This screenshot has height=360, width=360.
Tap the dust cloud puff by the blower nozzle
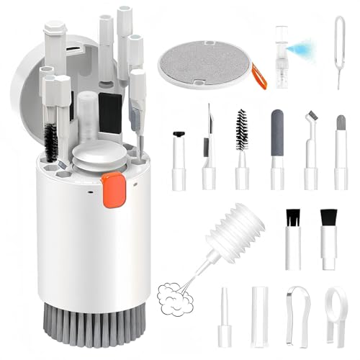click(173, 292)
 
